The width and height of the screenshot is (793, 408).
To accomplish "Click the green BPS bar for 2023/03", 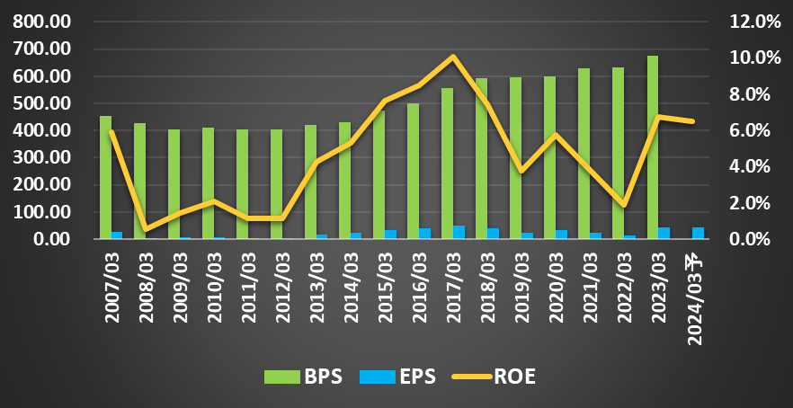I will coord(653,148).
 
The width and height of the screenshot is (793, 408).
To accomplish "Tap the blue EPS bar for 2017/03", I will coord(459,233).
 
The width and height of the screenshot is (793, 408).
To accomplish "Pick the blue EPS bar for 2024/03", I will coord(698,234).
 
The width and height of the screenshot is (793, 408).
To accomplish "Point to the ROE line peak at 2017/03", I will coord(453,57).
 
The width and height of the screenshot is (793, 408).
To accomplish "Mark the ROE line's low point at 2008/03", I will coord(146,230).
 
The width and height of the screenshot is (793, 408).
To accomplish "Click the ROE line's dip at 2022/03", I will coord(624,205).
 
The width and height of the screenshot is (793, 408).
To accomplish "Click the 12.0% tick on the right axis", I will coord(753,22).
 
